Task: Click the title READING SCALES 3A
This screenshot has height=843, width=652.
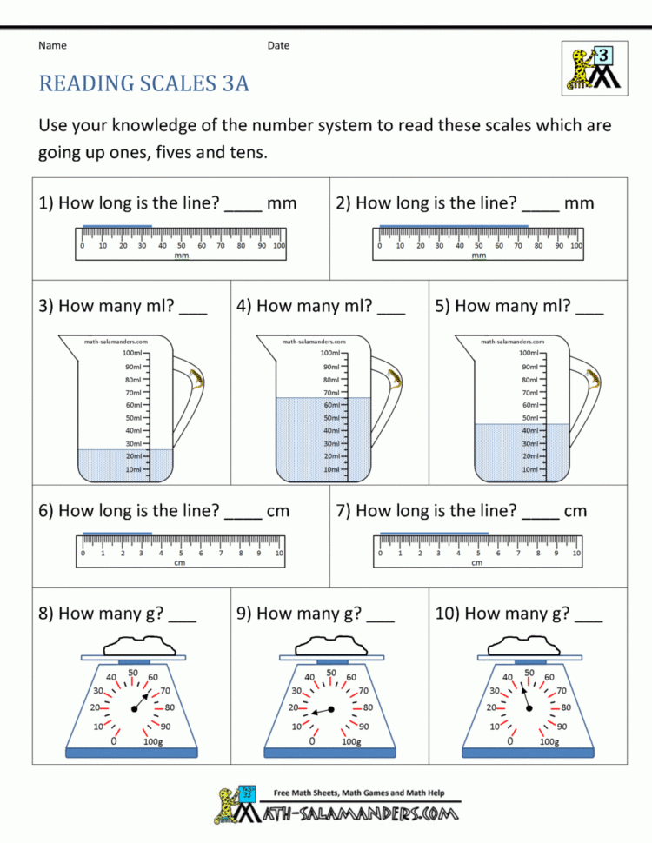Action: (143, 83)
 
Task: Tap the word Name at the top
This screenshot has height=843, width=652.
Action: (52, 45)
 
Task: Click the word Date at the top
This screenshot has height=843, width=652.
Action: (278, 45)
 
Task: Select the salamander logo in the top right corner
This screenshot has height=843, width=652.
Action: (589, 68)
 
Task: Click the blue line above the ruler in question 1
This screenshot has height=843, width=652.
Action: (116, 228)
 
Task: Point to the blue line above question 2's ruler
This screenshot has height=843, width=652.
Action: (453, 228)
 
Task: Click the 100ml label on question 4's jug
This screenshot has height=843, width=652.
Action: (331, 354)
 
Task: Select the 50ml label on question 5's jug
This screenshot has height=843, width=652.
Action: (529, 418)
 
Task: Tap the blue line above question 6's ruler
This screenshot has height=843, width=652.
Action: (116, 534)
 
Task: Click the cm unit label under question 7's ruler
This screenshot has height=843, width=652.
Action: (476, 563)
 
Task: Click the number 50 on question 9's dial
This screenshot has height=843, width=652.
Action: (331, 672)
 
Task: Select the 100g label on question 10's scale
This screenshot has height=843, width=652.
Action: (549, 741)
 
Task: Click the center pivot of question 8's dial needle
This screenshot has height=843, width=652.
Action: (133, 710)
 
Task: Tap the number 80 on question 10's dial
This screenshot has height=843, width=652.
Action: (566, 707)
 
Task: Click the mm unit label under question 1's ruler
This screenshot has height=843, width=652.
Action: (182, 256)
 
